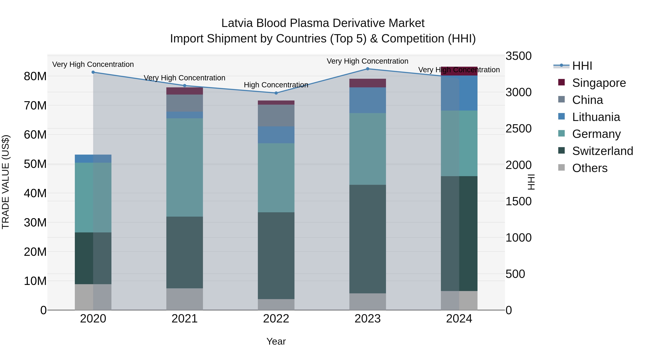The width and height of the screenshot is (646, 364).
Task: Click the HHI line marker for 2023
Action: (368, 69)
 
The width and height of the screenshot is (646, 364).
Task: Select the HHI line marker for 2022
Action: (276, 93)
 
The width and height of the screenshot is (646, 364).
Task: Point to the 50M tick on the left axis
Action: (35, 164)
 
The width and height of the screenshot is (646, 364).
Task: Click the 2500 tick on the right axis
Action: (518, 129)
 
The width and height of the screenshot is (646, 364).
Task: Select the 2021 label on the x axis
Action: (185, 319)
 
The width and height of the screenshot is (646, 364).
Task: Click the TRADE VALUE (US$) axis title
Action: (6, 182)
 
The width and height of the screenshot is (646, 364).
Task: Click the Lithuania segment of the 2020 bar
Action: (93, 159)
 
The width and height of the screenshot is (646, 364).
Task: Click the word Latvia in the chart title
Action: (237, 23)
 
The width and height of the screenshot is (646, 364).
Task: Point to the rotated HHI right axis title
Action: (531, 182)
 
